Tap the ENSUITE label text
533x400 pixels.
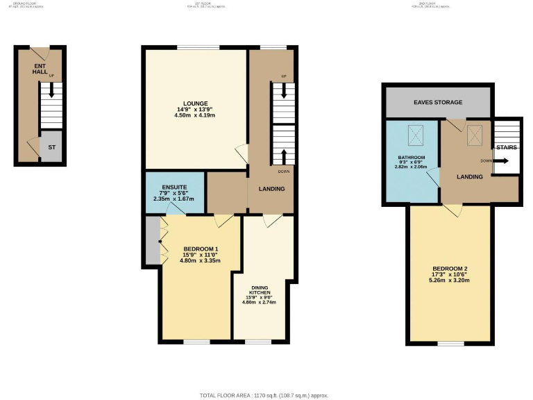[x=174, y=187]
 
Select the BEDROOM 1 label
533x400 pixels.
[x=201, y=249]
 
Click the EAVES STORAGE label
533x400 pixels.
[x=437, y=102]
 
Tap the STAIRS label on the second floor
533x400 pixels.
[x=505, y=147]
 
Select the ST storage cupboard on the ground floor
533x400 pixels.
[x=51, y=148]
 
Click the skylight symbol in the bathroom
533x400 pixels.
[x=417, y=131]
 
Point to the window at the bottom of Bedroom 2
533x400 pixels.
[x=451, y=343]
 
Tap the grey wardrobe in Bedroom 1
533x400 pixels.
[x=152, y=240]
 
